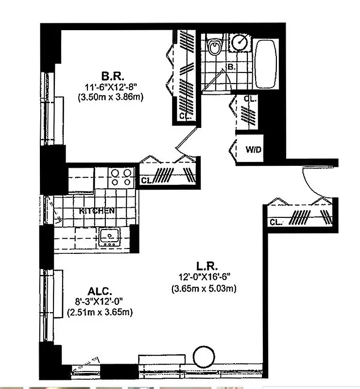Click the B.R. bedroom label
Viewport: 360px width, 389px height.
pos(113,76)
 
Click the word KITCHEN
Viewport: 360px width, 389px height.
pos(97,211)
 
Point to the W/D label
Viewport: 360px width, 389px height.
pos(253,149)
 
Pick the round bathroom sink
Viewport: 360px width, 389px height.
pos(239,42)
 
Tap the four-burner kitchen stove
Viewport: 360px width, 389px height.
pos(121,177)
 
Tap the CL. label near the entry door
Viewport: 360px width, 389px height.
pos(276,222)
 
